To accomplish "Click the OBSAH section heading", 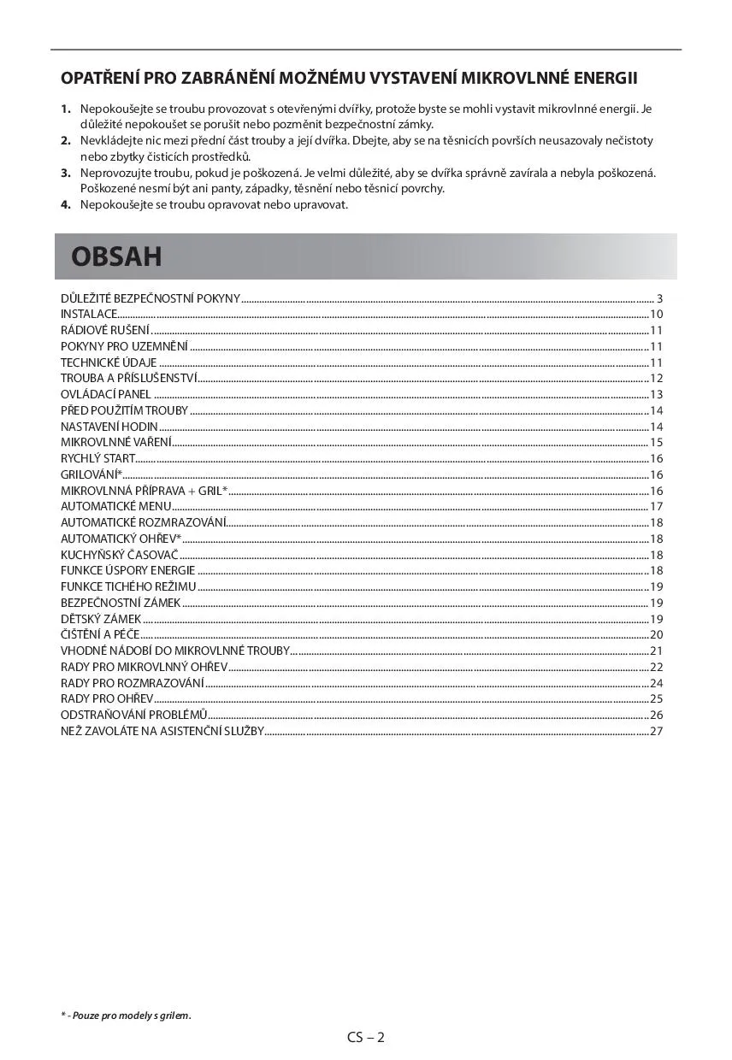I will click(116, 256).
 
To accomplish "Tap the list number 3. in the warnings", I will click(65, 173).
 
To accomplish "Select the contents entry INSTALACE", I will click(88, 315).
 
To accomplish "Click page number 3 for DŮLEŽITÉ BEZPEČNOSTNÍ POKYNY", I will click(659, 298).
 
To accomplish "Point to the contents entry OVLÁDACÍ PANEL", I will click(105, 394).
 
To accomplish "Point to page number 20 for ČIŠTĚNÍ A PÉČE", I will click(657, 634).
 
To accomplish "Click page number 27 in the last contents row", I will click(657, 731).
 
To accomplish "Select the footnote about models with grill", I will click(126, 1016).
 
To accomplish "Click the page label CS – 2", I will click(366, 1038).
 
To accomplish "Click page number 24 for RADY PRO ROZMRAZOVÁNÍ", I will click(657, 682).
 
